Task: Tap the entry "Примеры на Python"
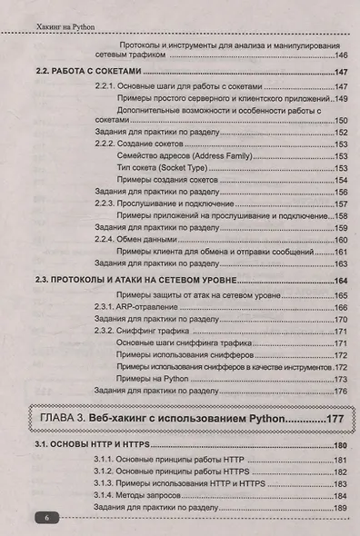coord(155,378)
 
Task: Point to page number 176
coord(342,391)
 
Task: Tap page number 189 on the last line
coord(342,508)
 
